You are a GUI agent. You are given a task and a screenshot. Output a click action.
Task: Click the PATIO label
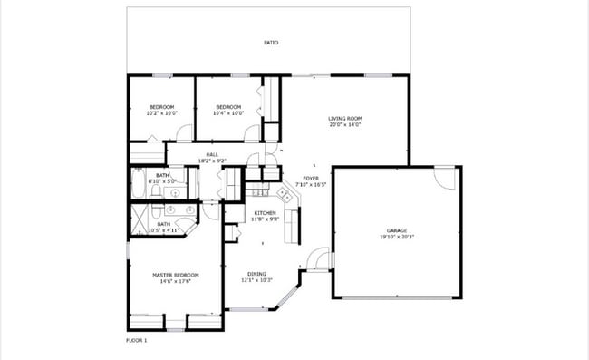(270, 43)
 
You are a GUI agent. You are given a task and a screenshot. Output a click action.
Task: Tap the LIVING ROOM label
(344, 119)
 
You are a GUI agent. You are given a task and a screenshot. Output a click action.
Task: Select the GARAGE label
(397, 231)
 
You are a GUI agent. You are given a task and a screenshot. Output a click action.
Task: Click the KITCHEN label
(265, 213)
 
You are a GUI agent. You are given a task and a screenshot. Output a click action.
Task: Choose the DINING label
(257, 274)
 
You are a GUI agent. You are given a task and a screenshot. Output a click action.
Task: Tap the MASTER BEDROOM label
(163, 274)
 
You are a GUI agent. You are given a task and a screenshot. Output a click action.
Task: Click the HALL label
(212, 154)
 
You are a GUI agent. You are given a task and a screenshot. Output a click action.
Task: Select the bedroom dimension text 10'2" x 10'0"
(162, 114)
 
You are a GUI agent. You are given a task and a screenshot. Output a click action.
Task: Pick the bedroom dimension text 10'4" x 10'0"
(228, 114)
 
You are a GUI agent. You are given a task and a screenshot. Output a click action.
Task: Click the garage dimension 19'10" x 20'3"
(397, 238)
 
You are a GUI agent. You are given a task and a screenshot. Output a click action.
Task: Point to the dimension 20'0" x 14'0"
(344, 125)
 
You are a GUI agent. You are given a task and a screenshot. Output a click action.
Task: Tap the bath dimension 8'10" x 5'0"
(162, 181)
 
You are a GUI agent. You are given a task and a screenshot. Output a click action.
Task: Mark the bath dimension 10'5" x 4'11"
(164, 230)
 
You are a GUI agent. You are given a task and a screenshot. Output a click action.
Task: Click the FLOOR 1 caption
(136, 340)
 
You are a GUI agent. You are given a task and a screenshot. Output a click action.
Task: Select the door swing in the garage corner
(444, 178)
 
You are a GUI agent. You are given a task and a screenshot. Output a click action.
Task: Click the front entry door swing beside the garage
(317, 259)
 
